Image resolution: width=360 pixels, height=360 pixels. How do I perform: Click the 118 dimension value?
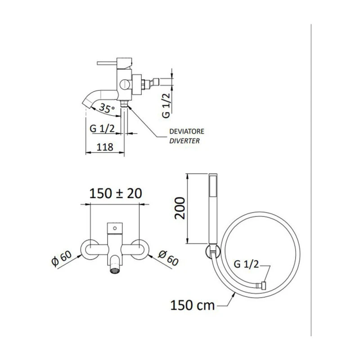105,147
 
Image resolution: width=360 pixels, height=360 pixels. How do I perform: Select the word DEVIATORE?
187,131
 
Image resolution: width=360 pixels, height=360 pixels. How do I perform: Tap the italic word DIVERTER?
184,141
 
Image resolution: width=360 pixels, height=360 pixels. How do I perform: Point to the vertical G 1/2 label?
166,105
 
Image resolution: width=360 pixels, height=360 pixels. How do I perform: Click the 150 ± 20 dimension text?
116,193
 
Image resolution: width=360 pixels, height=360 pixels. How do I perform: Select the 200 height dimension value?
180,208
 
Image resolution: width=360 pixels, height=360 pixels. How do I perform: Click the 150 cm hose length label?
193,306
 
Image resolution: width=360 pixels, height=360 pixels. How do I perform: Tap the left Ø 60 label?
62,258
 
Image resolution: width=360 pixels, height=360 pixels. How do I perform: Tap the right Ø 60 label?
168,258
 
